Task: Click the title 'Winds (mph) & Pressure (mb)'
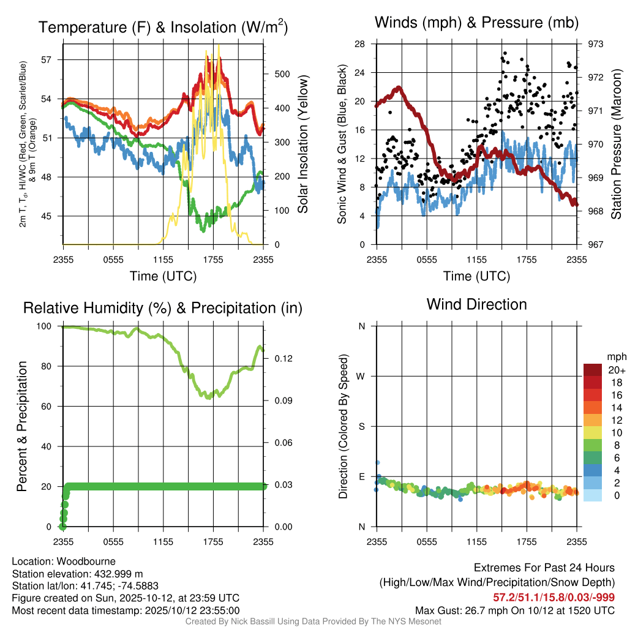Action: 476,23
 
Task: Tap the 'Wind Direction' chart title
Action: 476,304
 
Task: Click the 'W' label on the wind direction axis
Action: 361,376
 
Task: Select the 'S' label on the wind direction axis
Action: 362,426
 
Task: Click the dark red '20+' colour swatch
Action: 592,370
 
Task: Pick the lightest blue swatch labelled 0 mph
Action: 592,496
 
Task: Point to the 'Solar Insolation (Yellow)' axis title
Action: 302,145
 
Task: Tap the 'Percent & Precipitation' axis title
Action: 21,426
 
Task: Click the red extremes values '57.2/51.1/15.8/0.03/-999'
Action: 554,598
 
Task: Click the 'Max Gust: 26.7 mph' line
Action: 515,610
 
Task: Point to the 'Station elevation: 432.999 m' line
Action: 77,574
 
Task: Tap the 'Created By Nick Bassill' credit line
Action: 313,621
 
